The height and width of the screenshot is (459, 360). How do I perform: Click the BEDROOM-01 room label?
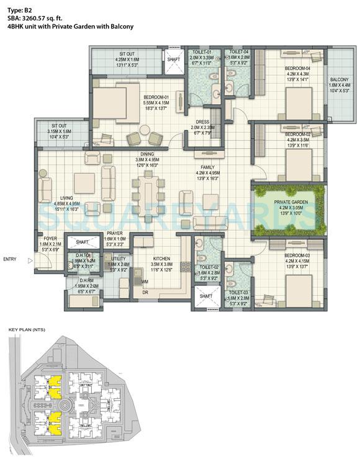[158, 97]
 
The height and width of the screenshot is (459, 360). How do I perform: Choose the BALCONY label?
[339, 79]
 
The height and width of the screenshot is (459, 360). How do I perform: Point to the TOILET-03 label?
[238, 291]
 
